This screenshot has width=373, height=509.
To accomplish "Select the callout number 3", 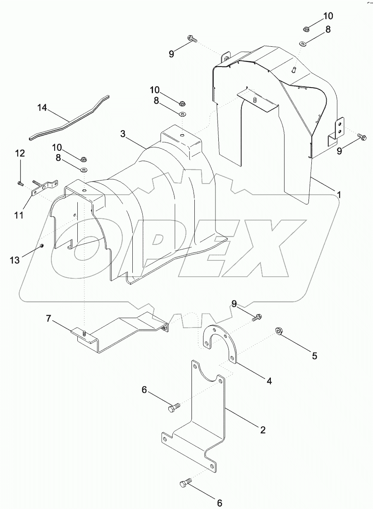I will (123, 134).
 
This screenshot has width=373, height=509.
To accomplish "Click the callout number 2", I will (262, 430).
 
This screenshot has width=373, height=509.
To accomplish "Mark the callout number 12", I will (20, 153).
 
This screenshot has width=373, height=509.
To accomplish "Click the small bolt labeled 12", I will (19, 182).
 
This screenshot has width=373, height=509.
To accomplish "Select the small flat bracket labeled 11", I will (45, 189).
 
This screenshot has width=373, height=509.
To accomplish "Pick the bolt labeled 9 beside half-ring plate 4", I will (256, 317).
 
